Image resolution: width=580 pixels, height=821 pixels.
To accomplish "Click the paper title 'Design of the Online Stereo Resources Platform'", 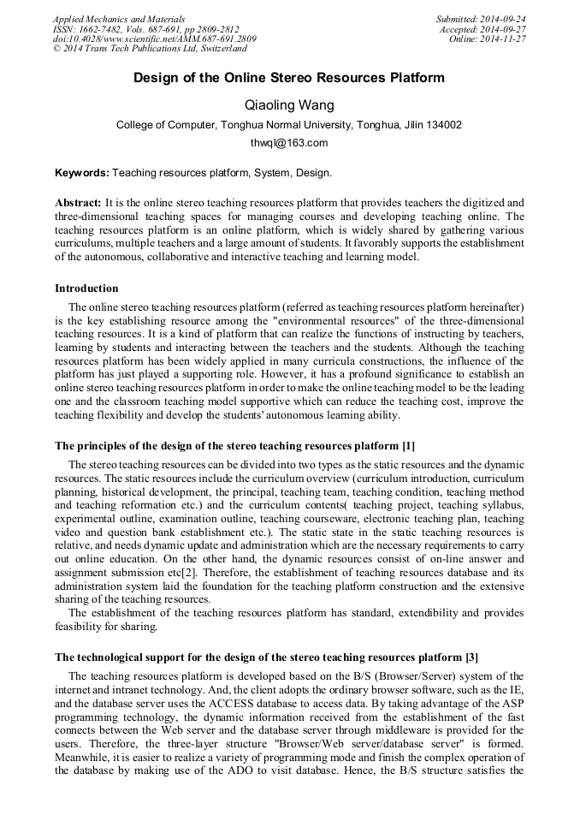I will pos(289,78).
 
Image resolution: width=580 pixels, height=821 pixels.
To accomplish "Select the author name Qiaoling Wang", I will pos(289,105).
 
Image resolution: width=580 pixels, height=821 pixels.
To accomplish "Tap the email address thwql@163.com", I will pos(289,143).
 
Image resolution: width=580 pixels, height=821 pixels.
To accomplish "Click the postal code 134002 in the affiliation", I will pos(443,125).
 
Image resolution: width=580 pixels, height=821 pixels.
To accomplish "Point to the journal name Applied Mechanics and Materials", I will pos(119,19).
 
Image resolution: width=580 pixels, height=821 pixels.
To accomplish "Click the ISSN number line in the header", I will pos(145,29).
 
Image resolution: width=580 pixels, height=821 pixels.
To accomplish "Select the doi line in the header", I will pos(154,39).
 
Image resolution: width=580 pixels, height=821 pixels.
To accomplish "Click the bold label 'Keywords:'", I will pos(82,173).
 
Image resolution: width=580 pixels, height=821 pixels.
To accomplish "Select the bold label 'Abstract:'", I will pos(78,203).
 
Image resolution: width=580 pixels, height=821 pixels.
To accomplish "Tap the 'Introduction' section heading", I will pos(86,289).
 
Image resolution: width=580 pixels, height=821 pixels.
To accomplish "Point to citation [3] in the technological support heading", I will pos(471,657).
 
